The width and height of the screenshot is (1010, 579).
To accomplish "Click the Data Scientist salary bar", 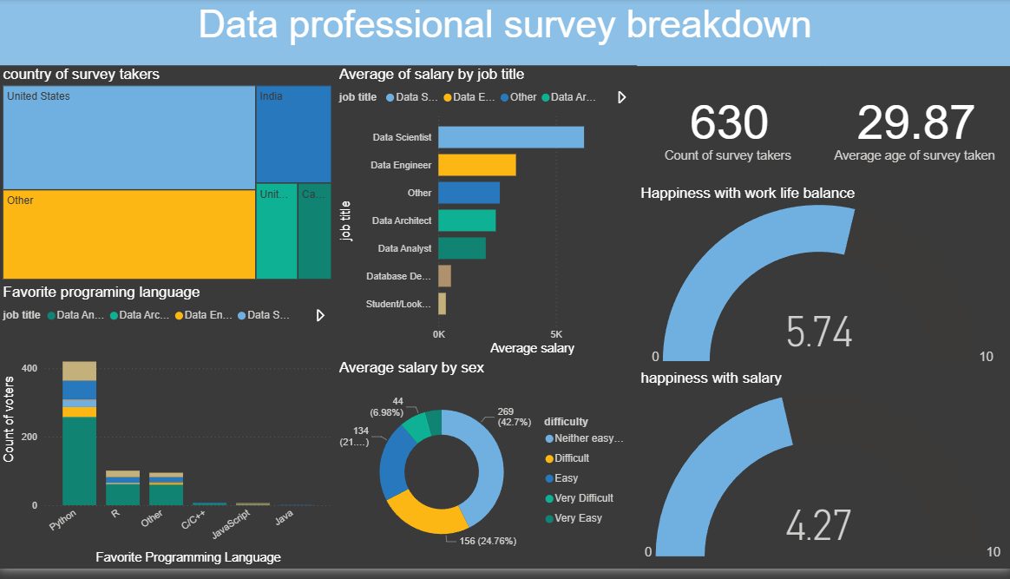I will [x=510, y=137].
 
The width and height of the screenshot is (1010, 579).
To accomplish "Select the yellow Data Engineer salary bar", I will [x=476, y=165].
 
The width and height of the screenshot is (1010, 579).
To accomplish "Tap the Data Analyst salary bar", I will [x=462, y=248].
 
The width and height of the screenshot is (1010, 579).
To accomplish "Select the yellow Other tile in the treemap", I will [x=129, y=234].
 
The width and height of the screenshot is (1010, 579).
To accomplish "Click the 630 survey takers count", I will [x=729, y=122].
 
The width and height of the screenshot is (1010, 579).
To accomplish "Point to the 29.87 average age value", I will [x=915, y=122].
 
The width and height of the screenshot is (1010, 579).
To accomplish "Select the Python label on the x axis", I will [x=62, y=525].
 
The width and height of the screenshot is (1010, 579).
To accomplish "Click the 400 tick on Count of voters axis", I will [x=30, y=369].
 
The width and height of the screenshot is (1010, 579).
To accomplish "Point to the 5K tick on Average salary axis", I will [x=555, y=334].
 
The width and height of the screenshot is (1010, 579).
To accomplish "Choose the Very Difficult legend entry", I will [x=583, y=498].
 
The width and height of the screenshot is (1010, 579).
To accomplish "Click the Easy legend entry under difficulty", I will [x=566, y=478].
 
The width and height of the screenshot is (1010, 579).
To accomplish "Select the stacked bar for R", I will [x=122, y=488].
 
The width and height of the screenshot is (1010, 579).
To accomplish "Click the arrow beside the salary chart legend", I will [x=621, y=97].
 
